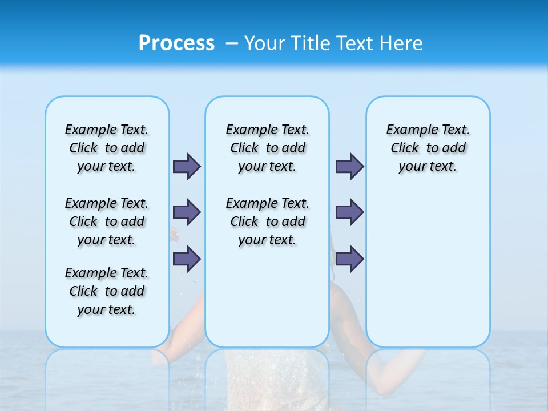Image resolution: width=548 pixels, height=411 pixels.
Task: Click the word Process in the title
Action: tap(176, 43)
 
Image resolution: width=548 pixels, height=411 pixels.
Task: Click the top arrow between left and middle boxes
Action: tap(187, 166)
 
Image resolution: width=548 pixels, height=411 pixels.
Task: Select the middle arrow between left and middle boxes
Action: tap(187, 212)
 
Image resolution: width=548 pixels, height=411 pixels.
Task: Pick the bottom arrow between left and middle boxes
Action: tap(187, 259)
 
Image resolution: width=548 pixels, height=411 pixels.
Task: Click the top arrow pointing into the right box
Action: tap(349, 166)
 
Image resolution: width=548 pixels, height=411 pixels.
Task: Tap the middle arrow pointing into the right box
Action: tap(349, 212)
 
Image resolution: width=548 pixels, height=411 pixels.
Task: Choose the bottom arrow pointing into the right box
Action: tap(349, 259)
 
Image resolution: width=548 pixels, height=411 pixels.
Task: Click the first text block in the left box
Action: tap(107, 148)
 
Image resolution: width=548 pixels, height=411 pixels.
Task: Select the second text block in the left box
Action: tap(107, 221)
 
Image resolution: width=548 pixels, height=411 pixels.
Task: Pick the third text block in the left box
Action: tap(107, 291)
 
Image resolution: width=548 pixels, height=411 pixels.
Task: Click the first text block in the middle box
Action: tap(267, 148)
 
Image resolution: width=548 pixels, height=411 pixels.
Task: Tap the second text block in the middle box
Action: tap(267, 221)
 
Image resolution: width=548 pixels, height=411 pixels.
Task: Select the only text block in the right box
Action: tap(428, 148)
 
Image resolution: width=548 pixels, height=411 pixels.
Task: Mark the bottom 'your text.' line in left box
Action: tap(107, 309)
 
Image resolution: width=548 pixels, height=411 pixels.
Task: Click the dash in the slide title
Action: tap(232, 44)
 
